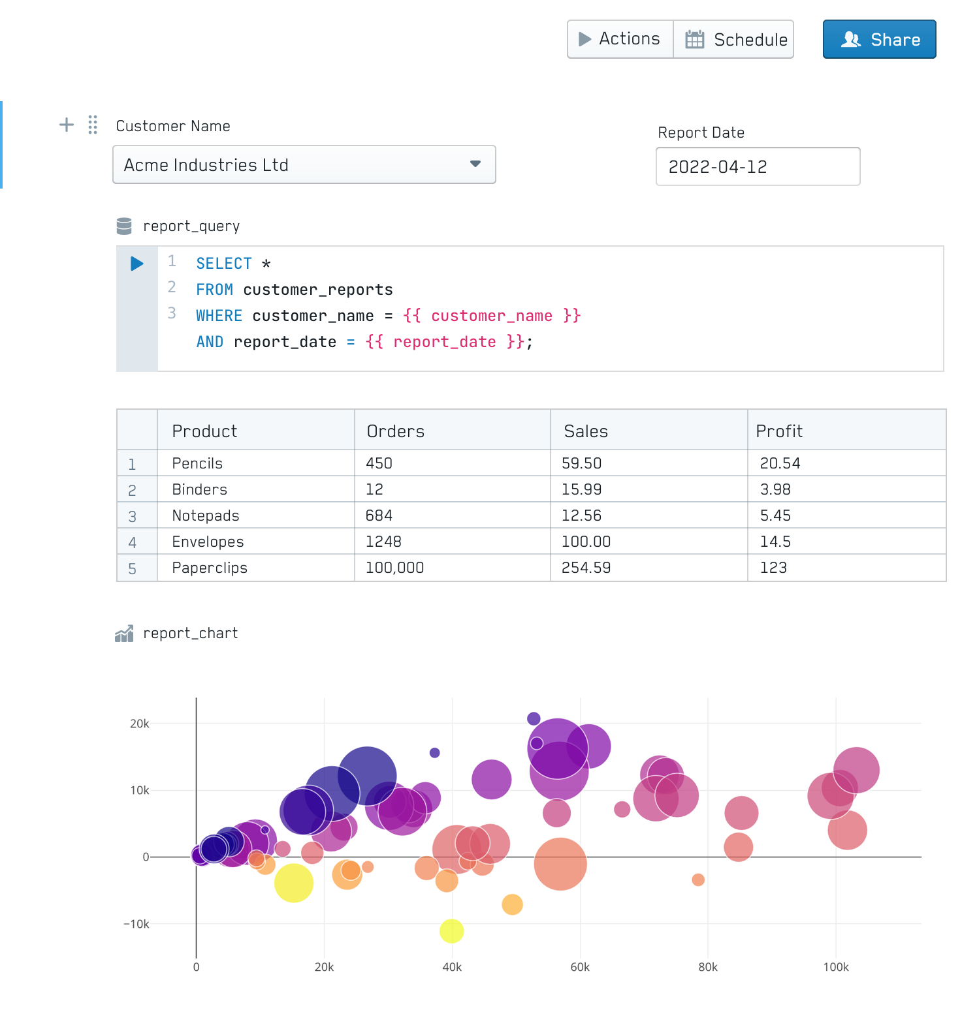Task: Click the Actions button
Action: pyautogui.click(x=620, y=39)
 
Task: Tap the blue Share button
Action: pyautogui.click(x=879, y=39)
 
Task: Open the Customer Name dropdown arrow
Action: pyautogui.click(x=475, y=164)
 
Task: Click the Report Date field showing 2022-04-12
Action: pyautogui.click(x=758, y=166)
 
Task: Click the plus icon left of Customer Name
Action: pyautogui.click(x=67, y=125)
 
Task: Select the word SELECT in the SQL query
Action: pyautogui.click(x=224, y=264)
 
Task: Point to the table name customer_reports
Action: pyautogui.click(x=318, y=290)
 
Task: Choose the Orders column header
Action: pyautogui.click(x=396, y=431)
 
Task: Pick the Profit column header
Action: pyautogui.click(x=779, y=431)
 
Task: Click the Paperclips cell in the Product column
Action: pyautogui.click(x=210, y=568)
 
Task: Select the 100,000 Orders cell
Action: pyautogui.click(x=394, y=568)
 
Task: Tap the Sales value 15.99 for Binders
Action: pyautogui.click(x=581, y=489)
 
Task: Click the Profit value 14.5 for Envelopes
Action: pyautogui.click(x=775, y=542)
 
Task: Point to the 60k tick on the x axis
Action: pyautogui.click(x=580, y=967)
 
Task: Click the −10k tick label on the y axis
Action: pyautogui.click(x=136, y=924)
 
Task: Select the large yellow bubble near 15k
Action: pyautogui.click(x=294, y=883)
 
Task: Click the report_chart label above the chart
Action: pyautogui.click(x=190, y=633)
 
